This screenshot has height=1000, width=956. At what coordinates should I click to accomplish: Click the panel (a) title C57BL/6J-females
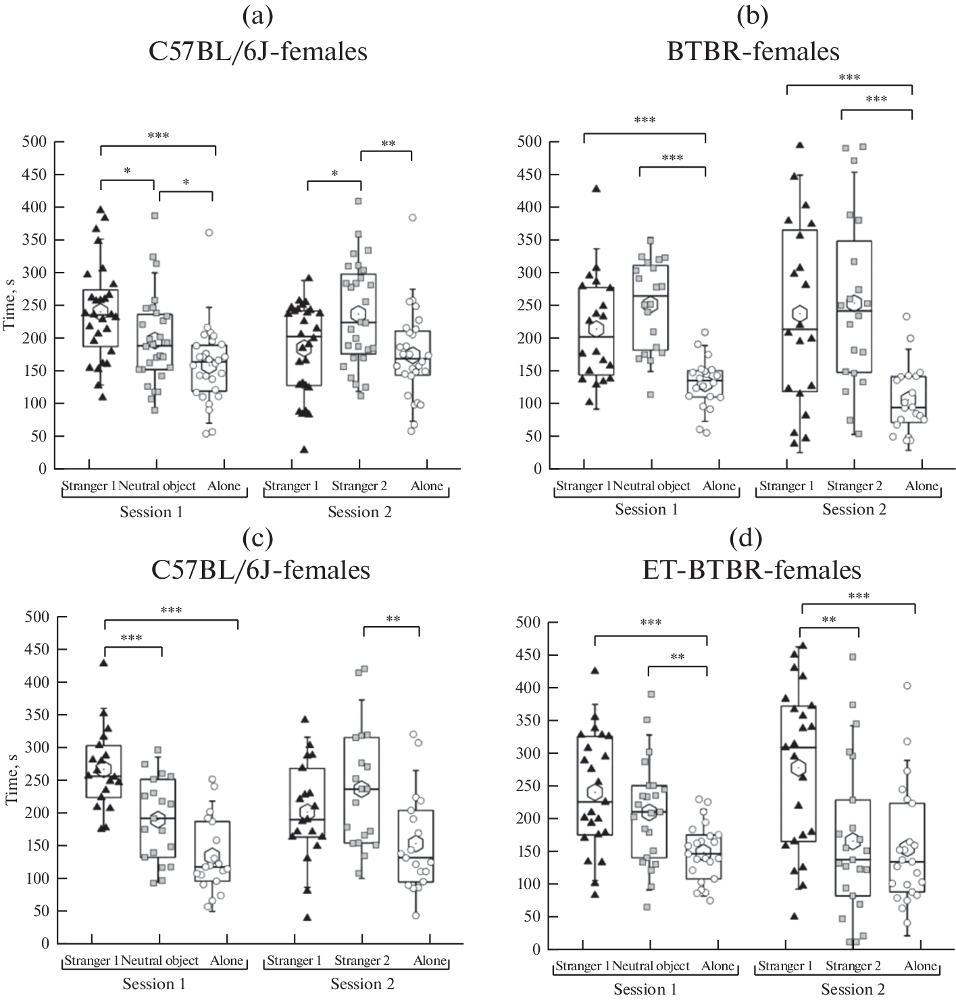click(259, 51)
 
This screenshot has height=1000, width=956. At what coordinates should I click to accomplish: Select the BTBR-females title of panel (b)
click(753, 51)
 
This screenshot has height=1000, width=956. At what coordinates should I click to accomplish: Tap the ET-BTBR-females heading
click(753, 570)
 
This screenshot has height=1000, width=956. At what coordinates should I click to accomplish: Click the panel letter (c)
click(258, 538)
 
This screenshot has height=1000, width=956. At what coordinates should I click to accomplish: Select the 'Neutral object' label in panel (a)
click(160, 485)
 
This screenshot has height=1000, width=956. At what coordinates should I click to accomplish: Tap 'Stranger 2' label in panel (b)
click(854, 485)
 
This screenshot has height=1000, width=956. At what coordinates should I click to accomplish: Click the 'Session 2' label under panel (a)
click(359, 512)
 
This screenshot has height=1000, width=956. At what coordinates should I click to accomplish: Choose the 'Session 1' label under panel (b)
click(646, 509)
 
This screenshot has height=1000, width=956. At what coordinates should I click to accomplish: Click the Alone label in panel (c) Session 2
click(430, 960)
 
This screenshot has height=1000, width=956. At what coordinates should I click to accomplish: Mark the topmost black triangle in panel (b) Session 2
click(800, 145)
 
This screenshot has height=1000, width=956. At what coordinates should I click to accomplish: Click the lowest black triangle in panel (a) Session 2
click(305, 449)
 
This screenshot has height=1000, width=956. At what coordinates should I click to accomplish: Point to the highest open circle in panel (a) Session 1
click(209, 232)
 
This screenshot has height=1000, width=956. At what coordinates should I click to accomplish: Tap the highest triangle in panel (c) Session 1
click(104, 663)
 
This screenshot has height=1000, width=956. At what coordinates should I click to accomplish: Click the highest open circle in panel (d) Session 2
click(907, 686)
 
